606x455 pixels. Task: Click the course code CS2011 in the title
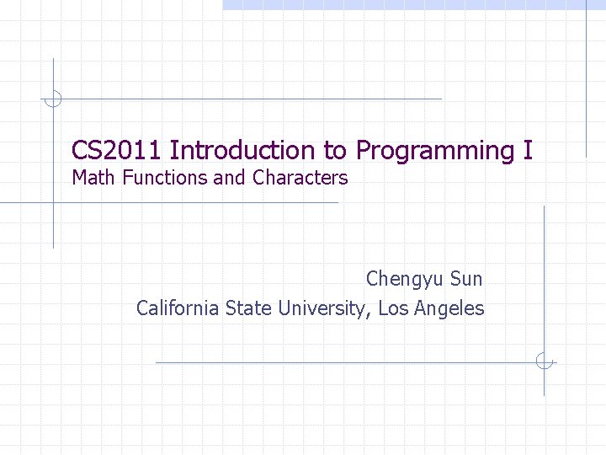pos(117,151)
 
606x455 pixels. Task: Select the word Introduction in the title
pos(243,151)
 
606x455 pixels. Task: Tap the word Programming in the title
pos(433,152)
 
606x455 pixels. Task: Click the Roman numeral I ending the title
pos(528,151)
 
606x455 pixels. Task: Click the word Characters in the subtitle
pos(300,178)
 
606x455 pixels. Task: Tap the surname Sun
pos(467,278)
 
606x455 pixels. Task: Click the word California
pos(178,308)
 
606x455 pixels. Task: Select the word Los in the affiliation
pos(391,308)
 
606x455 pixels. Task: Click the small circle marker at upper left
pos(53,99)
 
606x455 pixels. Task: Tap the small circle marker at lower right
pos(545,361)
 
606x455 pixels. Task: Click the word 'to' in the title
pos(335,152)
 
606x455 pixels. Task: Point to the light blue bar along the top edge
pos(412,4)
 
